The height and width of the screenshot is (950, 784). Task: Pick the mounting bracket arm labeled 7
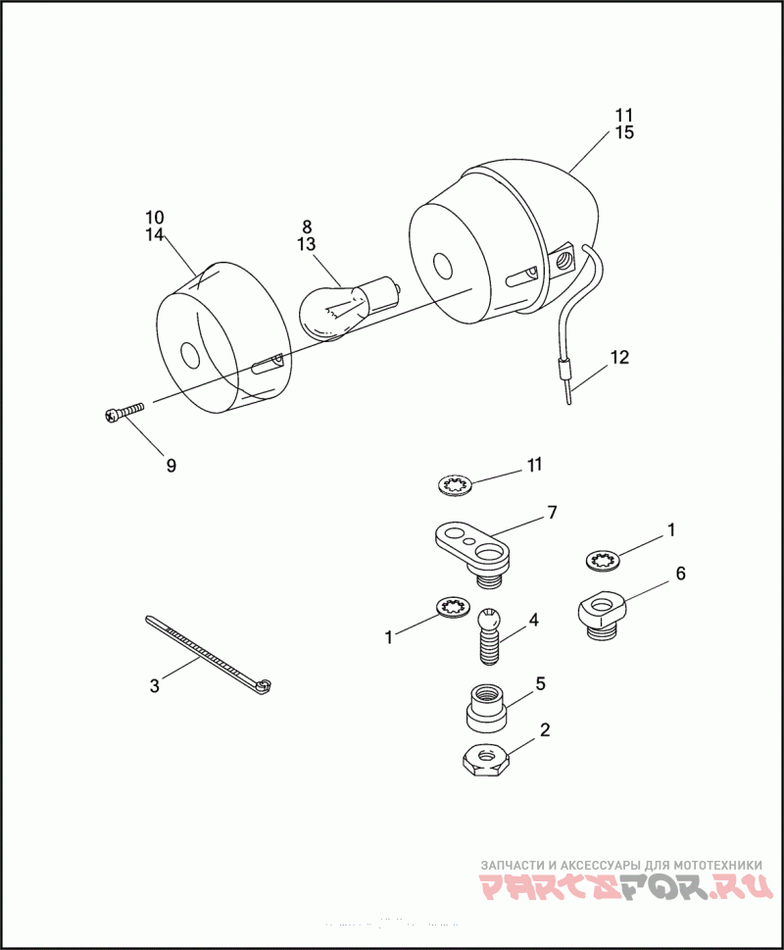point(472,545)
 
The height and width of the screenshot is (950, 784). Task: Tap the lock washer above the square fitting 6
point(602,560)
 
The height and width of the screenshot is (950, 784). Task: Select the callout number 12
point(620,356)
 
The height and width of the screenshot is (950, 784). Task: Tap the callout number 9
point(171,466)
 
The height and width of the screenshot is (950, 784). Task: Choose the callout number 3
point(154,686)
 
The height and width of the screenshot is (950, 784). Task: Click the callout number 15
point(624,132)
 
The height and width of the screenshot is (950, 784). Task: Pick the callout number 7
point(552,512)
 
